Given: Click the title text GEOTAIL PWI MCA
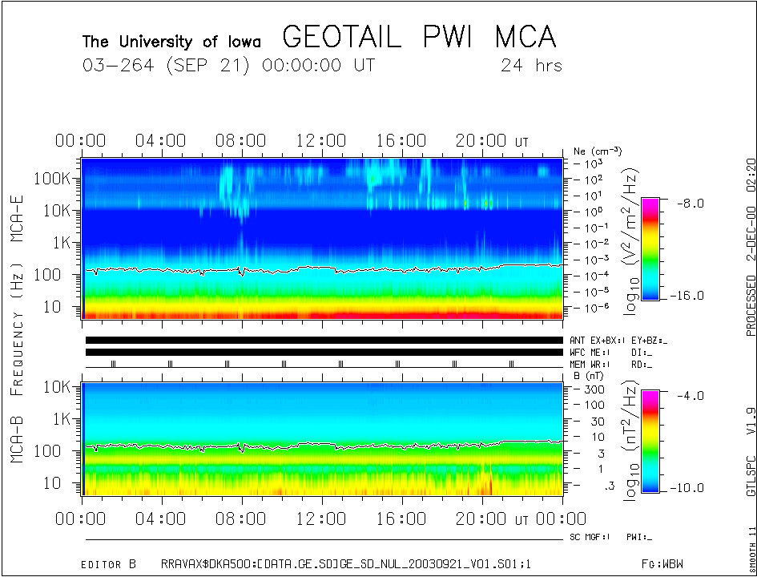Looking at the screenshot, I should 419,38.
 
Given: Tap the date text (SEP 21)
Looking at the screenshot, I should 211,66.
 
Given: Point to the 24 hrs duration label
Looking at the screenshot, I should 531,66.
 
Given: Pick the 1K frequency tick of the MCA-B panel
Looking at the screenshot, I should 62,418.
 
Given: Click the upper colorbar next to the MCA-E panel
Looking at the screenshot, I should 650,248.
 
